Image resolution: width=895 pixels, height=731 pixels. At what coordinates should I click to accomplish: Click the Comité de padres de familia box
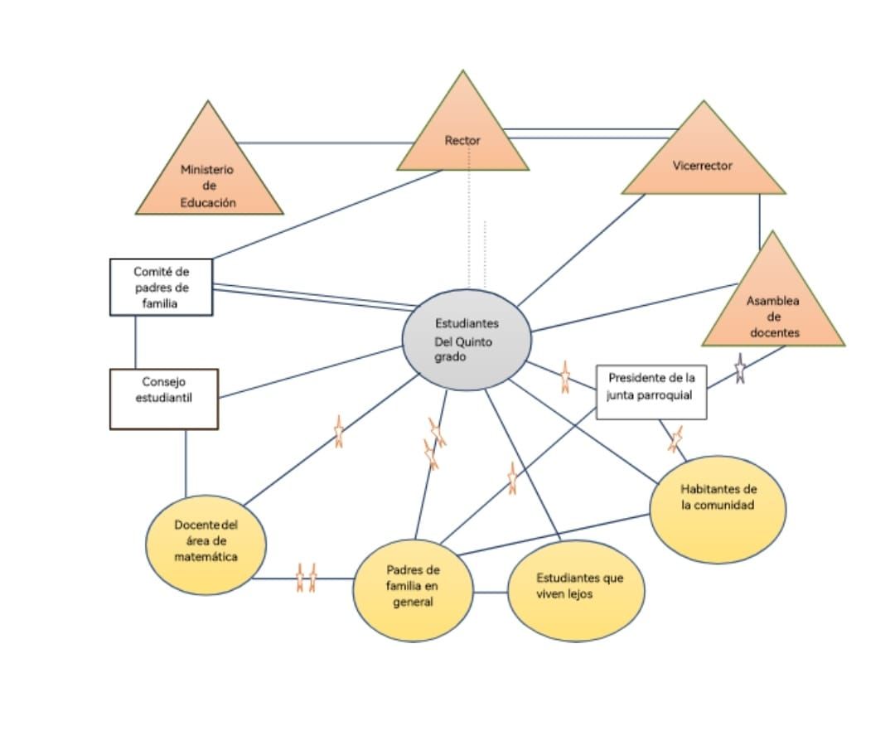pos(162,287)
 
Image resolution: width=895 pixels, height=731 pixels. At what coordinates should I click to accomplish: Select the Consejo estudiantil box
pos(164,399)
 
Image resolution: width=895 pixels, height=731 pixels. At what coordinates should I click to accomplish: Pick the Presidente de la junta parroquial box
pos(651,391)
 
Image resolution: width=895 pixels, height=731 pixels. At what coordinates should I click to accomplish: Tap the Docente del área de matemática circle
pos(206,545)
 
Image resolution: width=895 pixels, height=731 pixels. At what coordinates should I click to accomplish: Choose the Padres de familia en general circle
pos(413,589)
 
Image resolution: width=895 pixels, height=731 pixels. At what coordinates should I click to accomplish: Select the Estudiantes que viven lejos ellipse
pos(576,590)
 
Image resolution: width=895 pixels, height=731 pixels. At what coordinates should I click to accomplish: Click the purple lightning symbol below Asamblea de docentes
pos(740,368)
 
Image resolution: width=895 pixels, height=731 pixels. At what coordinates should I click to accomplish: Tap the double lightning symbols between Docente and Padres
pos(306,578)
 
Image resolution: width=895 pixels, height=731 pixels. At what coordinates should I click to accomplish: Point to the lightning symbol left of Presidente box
pos(565,376)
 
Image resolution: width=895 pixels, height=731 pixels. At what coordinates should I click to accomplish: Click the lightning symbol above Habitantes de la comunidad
pos(675,438)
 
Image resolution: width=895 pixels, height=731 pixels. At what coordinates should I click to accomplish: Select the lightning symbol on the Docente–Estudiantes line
pos(338,431)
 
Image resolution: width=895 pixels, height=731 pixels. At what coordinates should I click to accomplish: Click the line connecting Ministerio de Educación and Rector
pos(323,143)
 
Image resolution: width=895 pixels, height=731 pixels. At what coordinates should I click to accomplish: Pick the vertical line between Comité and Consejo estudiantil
pos(135,341)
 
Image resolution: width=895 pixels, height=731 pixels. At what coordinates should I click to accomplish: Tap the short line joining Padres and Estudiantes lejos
pos(490,592)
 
